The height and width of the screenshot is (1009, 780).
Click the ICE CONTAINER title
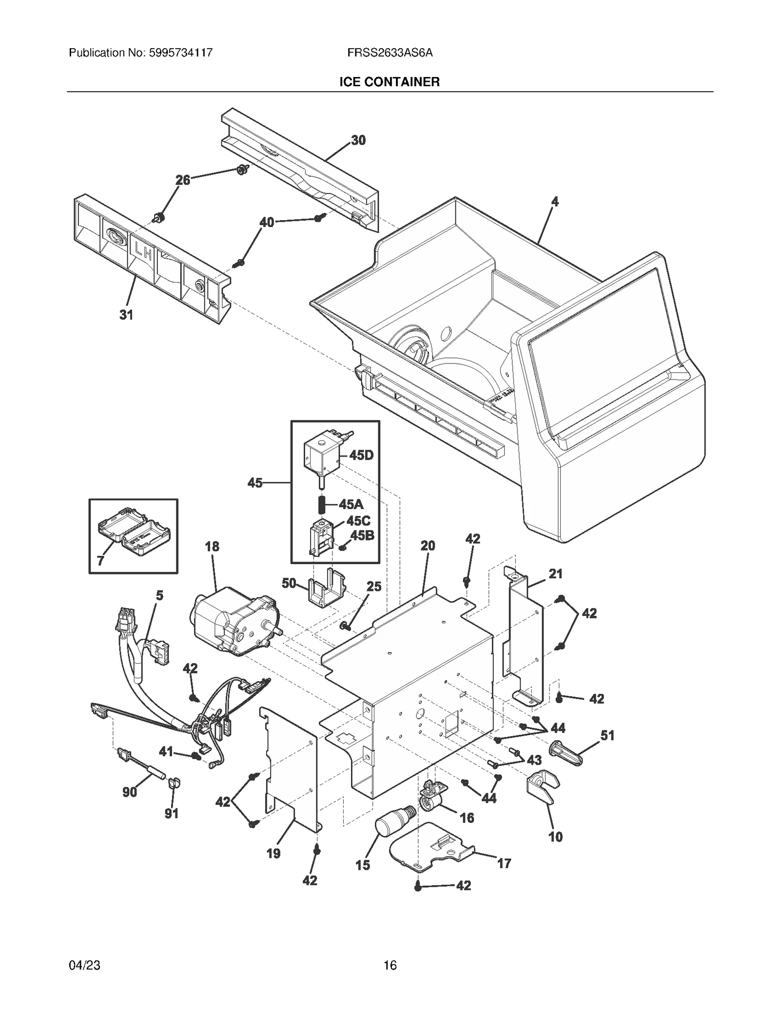(x=390, y=82)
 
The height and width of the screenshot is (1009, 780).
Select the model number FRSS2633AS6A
(x=390, y=53)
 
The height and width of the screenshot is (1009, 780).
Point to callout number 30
(x=358, y=140)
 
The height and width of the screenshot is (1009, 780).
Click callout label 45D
(x=361, y=456)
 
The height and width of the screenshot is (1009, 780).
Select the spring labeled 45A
(x=322, y=504)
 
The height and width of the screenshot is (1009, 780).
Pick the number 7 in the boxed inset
(x=100, y=560)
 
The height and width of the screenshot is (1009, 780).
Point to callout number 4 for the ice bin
(x=555, y=201)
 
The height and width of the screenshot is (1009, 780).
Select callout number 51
(x=607, y=736)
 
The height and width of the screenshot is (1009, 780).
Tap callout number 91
(x=171, y=814)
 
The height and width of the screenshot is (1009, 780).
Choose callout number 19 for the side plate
(x=273, y=853)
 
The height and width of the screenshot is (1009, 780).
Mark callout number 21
(x=555, y=574)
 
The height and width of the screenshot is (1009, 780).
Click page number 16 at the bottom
(x=390, y=965)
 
